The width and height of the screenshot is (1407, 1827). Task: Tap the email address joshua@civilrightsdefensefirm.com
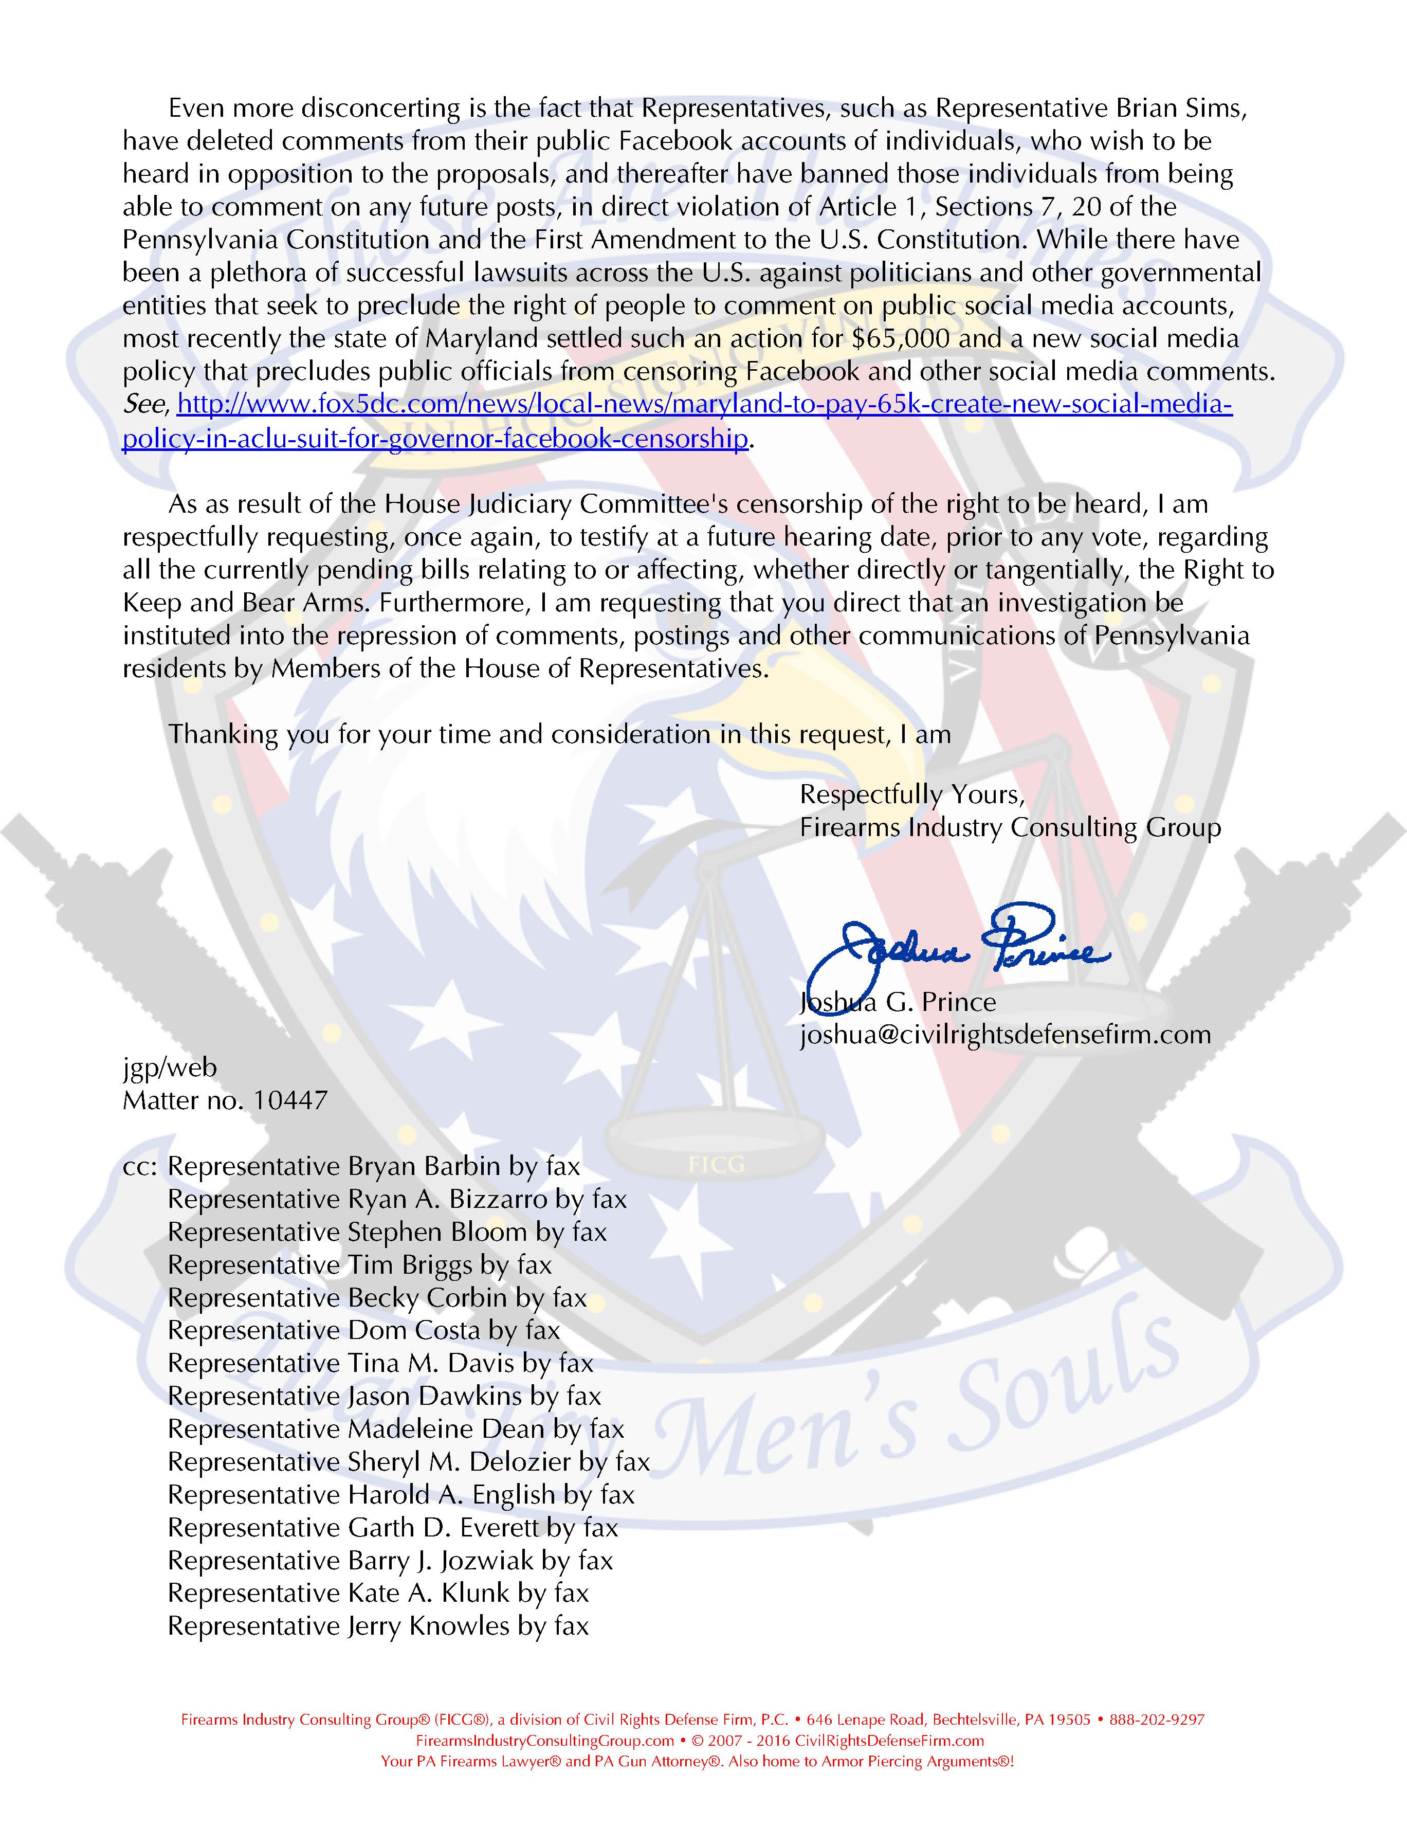click(1004, 1035)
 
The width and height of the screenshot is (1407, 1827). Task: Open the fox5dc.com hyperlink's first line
click(704, 405)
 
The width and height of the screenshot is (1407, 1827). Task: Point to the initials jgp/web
click(170, 1068)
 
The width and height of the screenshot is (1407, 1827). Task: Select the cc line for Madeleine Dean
click(396, 1429)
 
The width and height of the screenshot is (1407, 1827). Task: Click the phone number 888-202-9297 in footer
click(1156, 1720)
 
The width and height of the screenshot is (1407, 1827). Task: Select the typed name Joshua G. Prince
click(898, 1002)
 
